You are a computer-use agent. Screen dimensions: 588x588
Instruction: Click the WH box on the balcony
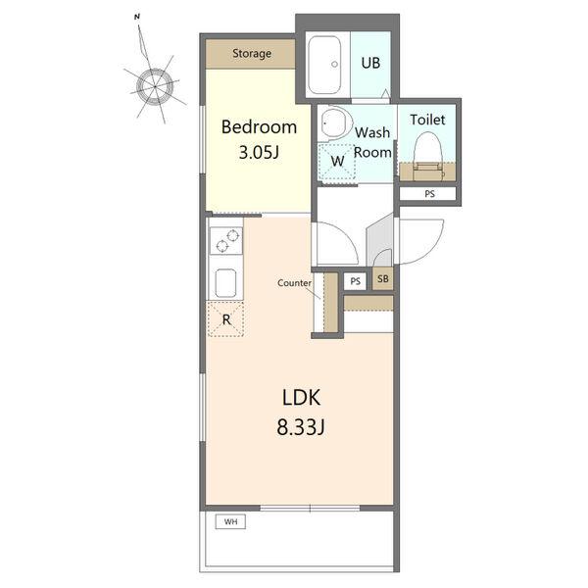pyautogui.click(x=230, y=521)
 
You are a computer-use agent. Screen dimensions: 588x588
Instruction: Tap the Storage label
pyautogui.click(x=252, y=53)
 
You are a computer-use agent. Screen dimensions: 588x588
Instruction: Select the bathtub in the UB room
pyautogui.click(x=324, y=65)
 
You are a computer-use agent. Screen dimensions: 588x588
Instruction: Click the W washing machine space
pyautogui.click(x=337, y=162)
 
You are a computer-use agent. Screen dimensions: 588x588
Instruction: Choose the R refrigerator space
pyautogui.click(x=226, y=319)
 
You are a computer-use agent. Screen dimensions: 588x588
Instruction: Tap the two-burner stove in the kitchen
pyautogui.click(x=226, y=241)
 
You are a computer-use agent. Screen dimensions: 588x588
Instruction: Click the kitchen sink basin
pyautogui.click(x=225, y=283)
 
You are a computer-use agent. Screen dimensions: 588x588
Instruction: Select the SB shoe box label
pyautogui.click(x=383, y=279)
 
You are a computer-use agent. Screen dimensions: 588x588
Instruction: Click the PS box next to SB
pyautogui.click(x=355, y=281)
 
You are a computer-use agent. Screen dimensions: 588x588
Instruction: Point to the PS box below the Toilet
pyautogui.click(x=428, y=194)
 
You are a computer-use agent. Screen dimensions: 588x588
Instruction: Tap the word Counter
pyautogui.click(x=294, y=283)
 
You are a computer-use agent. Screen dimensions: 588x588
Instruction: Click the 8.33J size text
pyautogui.click(x=301, y=426)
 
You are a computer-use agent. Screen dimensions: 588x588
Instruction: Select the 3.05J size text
pyautogui.click(x=259, y=152)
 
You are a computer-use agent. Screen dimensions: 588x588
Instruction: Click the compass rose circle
pyautogui.click(x=155, y=86)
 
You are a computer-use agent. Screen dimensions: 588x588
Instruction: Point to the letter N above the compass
pyautogui.click(x=137, y=17)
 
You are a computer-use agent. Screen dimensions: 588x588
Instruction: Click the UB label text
pyautogui.click(x=370, y=63)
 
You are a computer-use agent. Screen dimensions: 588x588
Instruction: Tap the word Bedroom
pyautogui.click(x=259, y=127)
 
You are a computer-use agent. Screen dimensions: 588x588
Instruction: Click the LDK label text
pyautogui.click(x=301, y=398)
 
